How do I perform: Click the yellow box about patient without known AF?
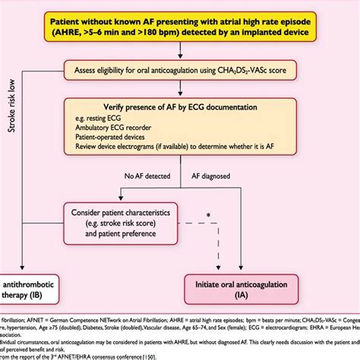point(180,29)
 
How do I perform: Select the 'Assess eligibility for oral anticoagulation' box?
point(180,71)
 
